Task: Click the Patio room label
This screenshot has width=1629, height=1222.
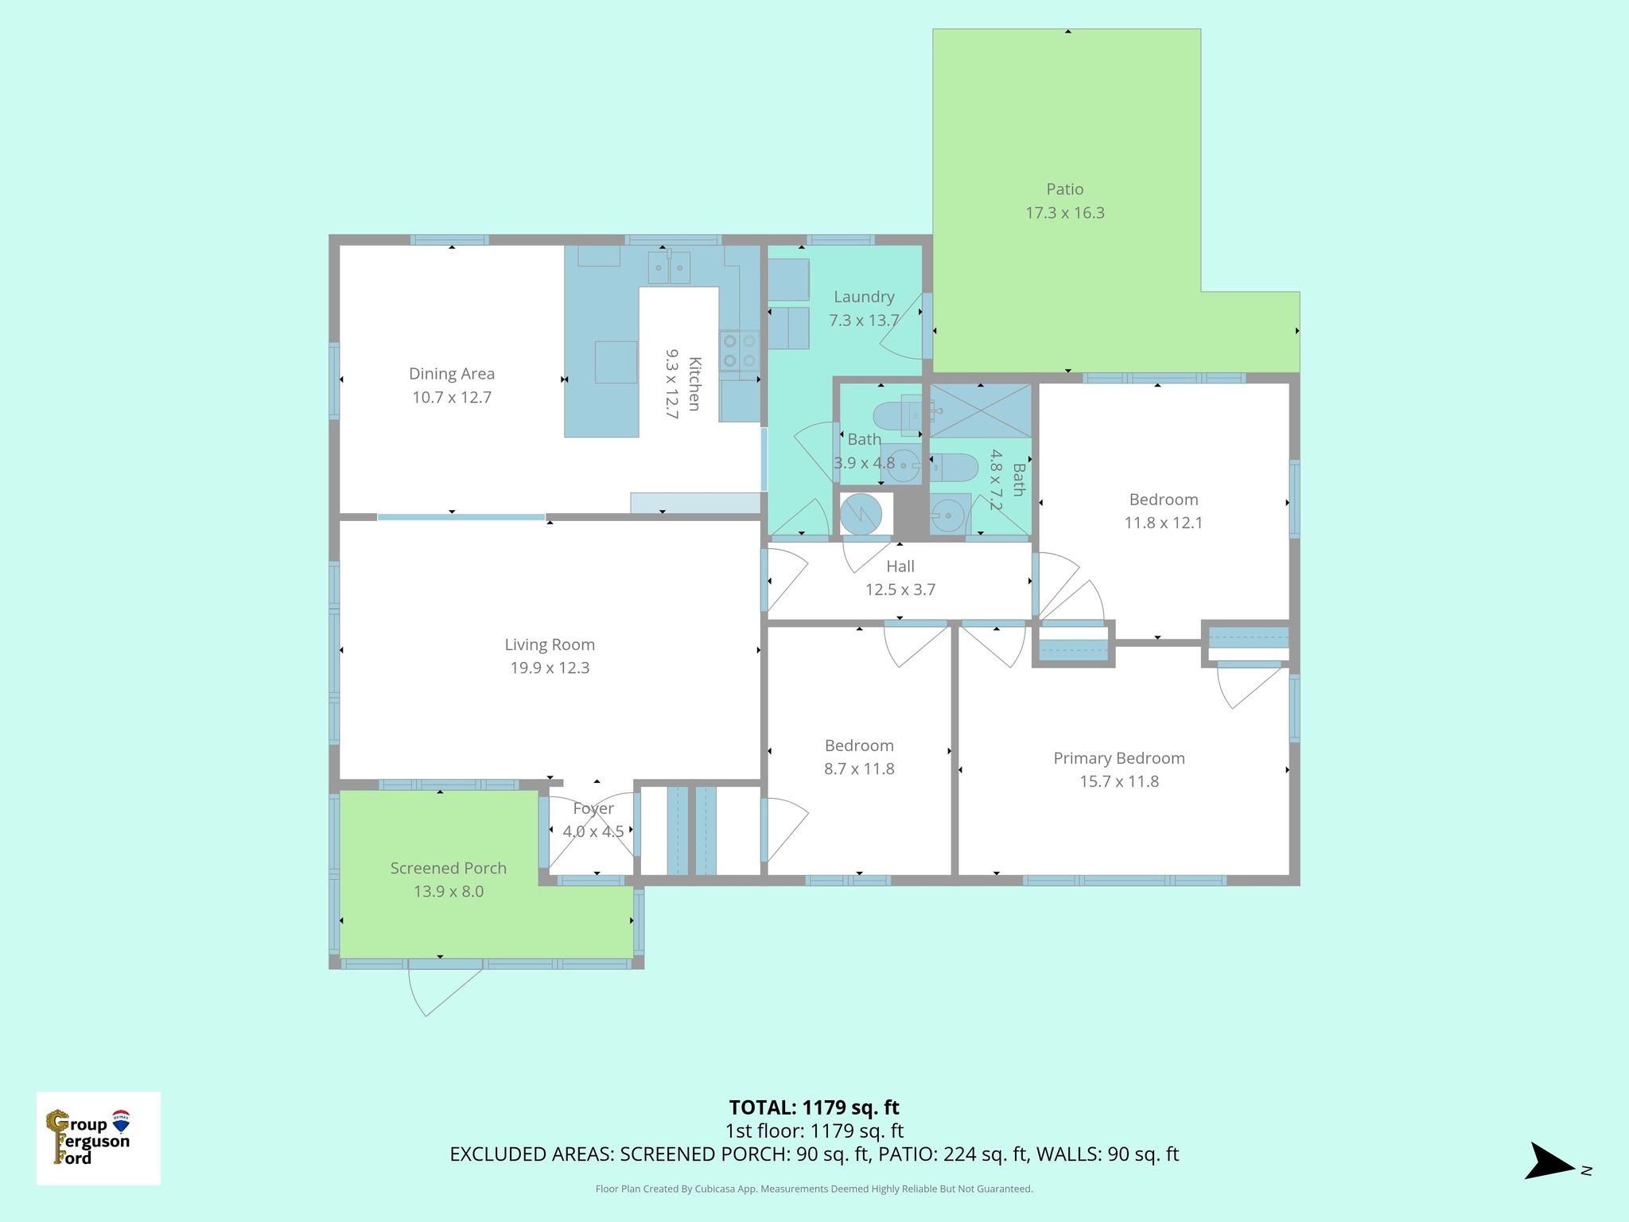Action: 1064,189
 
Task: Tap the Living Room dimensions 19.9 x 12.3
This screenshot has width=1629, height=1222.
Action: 550,668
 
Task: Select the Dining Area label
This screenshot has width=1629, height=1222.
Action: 451,374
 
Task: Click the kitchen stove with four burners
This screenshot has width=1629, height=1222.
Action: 739,351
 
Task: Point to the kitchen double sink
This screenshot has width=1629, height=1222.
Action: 668,268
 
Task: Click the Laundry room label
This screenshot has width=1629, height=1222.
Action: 864,297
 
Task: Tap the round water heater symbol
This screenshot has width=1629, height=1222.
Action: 861,515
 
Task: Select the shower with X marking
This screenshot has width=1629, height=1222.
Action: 980,411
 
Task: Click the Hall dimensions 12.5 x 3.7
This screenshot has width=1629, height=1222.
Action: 900,590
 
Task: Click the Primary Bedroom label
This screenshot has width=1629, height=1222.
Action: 1118,758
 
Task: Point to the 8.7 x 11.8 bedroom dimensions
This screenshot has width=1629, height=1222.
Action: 859,769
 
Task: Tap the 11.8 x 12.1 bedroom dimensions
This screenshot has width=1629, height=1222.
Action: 1163,523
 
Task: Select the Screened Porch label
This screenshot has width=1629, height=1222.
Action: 448,868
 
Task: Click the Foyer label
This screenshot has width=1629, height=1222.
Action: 593,808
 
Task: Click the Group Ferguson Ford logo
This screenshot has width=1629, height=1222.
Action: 98,1138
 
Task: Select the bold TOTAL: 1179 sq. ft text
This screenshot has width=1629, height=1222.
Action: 814,1107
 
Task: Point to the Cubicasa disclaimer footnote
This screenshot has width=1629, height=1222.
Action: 814,1189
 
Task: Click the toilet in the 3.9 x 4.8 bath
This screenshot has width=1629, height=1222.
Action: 894,414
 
